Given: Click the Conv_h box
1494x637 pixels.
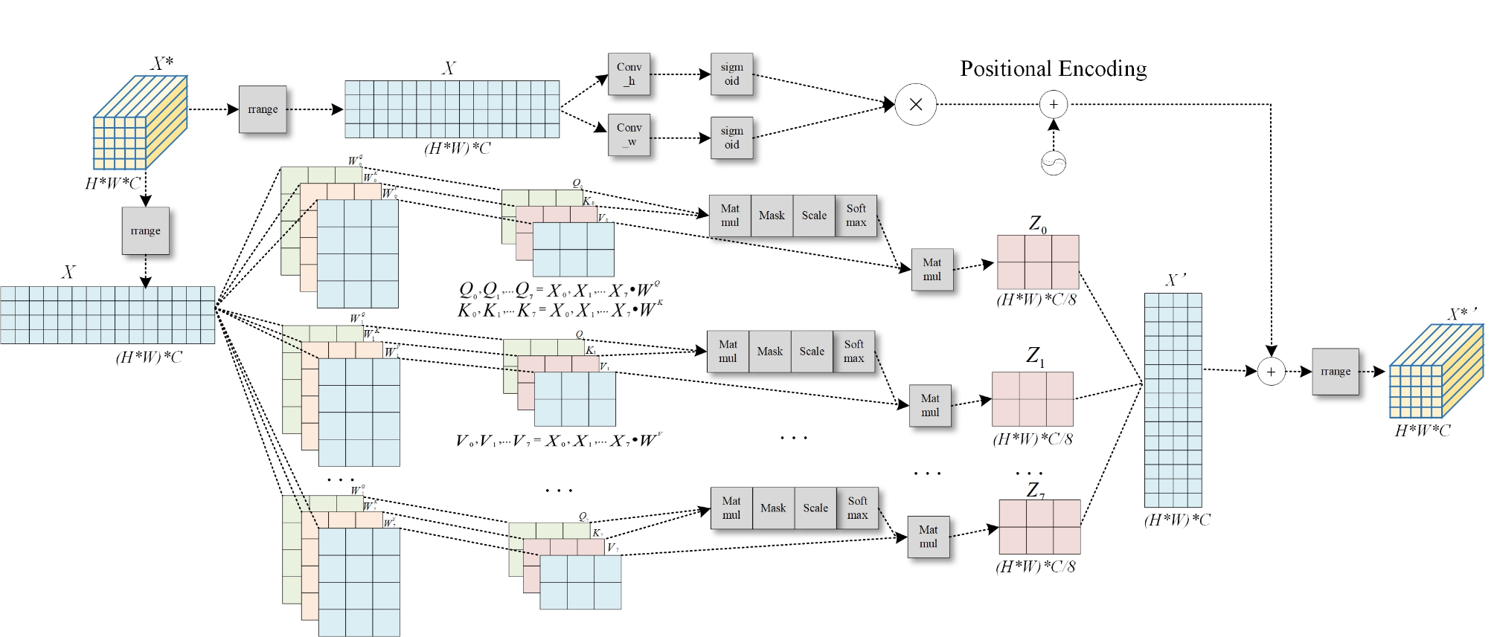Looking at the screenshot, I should [629, 74].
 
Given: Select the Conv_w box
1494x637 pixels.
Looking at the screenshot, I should [629, 135].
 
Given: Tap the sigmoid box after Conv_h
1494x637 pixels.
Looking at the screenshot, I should [731, 74].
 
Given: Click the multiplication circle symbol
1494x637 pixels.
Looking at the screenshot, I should [915, 105].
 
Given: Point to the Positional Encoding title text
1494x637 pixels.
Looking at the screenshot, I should [1053, 68].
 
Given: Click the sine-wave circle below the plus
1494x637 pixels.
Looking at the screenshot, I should [1054, 163].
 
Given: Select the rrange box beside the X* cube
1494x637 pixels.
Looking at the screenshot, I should [263, 109].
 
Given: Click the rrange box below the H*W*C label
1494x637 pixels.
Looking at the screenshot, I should [146, 231].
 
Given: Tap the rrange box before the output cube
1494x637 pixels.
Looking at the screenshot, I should [1336, 372].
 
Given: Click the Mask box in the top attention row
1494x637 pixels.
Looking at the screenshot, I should [772, 216].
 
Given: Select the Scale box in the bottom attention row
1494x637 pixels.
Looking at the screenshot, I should [815, 508].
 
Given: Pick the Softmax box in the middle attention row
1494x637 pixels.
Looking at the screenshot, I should [853, 351].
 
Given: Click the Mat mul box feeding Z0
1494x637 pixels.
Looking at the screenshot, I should [932, 269].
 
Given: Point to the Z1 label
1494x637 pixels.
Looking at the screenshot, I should [1035, 356].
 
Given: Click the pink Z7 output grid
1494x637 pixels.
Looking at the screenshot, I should [1039, 527].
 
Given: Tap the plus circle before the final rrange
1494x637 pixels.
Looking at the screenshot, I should [1272, 372].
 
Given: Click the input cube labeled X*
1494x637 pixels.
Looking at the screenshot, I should [139, 123].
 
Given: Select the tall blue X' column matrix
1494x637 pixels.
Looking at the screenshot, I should [1173, 400].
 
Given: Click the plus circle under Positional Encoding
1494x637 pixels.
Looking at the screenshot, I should [1054, 105].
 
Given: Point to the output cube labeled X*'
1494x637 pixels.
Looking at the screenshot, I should [1435, 372].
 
